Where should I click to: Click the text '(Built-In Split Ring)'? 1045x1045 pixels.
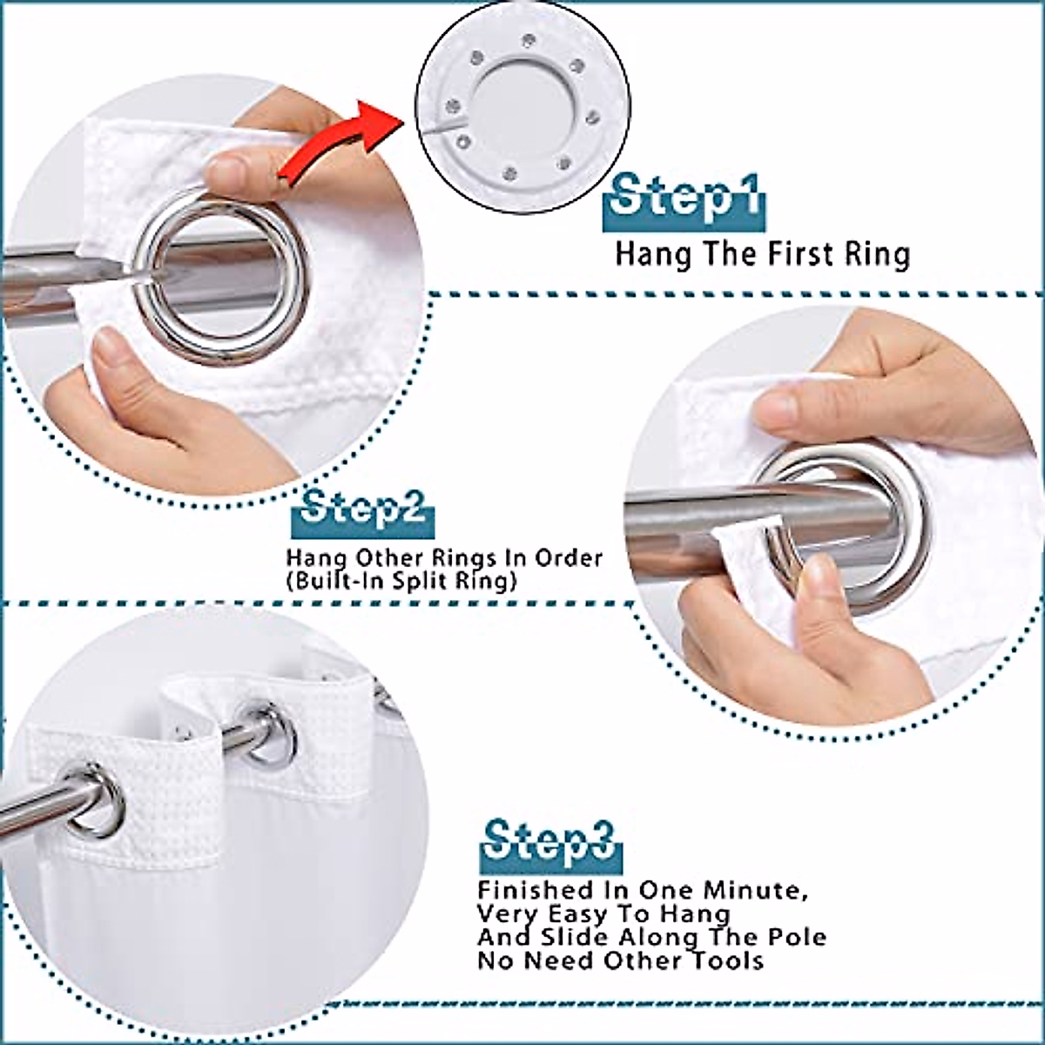(x=401, y=581)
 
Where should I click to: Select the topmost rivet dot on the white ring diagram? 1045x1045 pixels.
(x=529, y=38)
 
